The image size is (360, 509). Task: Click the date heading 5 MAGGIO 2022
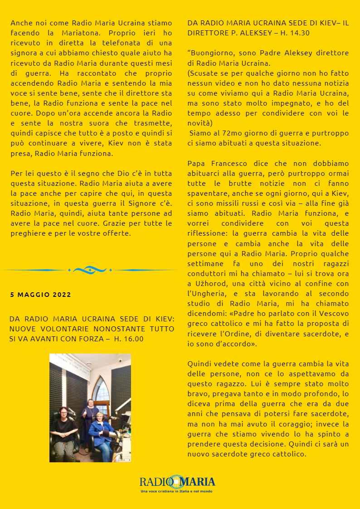pyautogui.click(x=40, y=295)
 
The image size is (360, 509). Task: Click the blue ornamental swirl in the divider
pyautogui.click(x=90, y=270)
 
